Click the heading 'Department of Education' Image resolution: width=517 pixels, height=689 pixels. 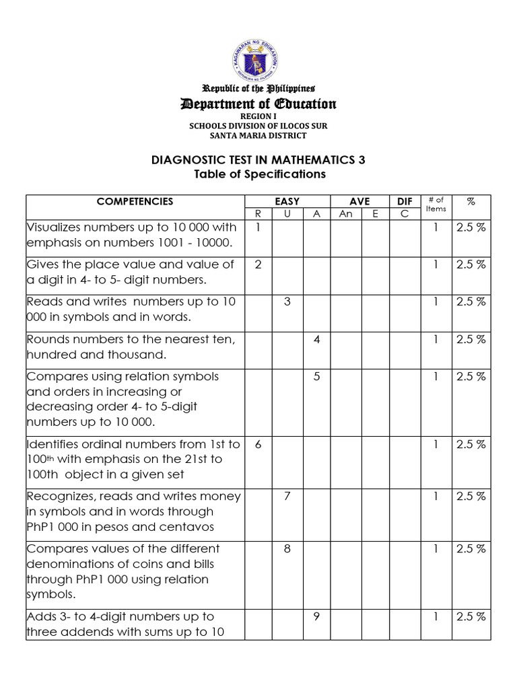click(258, 104)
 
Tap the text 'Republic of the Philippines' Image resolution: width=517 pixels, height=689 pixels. click(258, 88)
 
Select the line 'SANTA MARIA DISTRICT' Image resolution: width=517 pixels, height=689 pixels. click(258, 135)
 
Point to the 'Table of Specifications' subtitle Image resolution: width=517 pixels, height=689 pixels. click(258, 174)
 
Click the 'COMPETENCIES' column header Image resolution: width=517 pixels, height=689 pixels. click(135, 201)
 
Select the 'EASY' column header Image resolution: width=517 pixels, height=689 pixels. click(287, 201)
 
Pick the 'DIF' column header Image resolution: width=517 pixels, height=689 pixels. click(405, 201)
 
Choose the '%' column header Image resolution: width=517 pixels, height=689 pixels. click(471, 201)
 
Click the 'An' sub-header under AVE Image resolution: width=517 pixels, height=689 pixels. click(345, 213)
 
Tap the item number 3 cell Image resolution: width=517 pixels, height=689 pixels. click(287, 301)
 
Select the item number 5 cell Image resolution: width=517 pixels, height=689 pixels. click(316, 376)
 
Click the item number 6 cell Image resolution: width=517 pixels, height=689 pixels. click(258, 444)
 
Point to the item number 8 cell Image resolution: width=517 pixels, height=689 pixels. click(287, 548)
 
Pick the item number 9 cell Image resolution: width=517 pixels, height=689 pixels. click(316, 616)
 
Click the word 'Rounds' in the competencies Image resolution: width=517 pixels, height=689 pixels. click(46, 339)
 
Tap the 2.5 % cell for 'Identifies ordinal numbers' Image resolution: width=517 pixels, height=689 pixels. click(471, 444)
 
